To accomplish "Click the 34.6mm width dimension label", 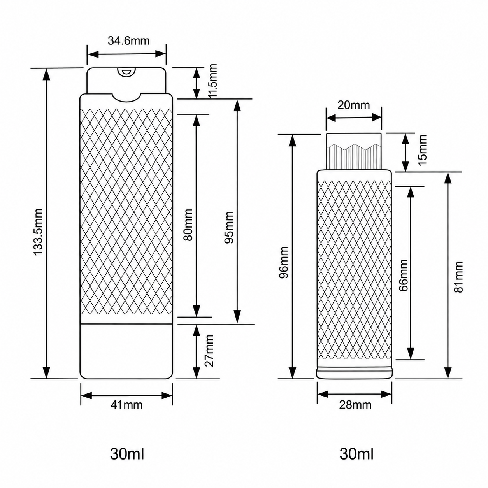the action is click(x=129, y=41).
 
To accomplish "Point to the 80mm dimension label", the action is click(x=188, y=225).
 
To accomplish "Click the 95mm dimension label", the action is click(x=229, y=228).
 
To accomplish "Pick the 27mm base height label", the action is click(x=210, y=351).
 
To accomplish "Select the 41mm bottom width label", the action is click(x=126, y=405).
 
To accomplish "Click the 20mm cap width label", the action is click(x=353, y=105).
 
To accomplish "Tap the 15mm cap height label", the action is click(x=422, y=150).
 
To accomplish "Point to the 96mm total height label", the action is click(x=283, y=262).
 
